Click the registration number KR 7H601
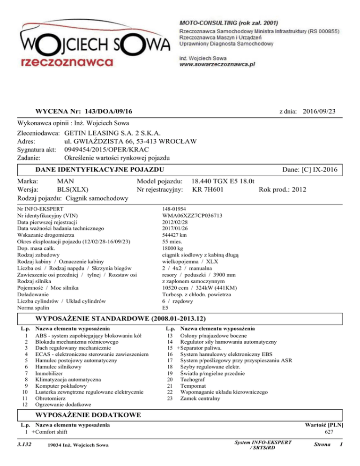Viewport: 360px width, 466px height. tap(208, 190)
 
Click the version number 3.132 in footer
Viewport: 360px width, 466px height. tap(24, 444)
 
